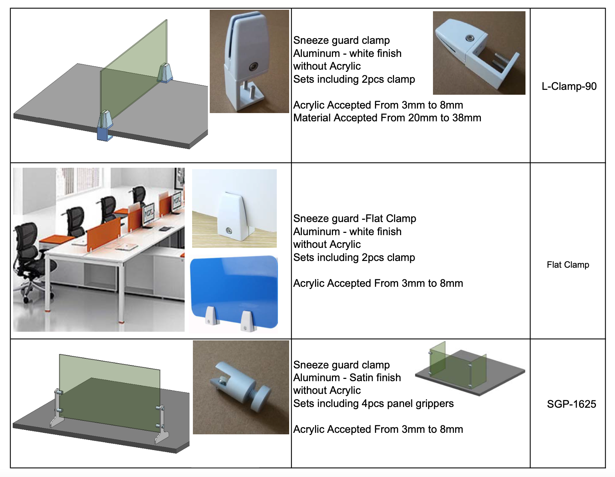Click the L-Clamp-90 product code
pos(569,86)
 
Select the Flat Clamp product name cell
pos(568,265)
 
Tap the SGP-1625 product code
pos(571,404)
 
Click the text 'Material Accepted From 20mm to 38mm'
pos(387,118)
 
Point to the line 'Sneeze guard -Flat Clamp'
pos(354,219)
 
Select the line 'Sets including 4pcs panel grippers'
pos(373,404)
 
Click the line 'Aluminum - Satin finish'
pos(347,378)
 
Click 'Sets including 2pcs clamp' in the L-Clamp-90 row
pos(354,79)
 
